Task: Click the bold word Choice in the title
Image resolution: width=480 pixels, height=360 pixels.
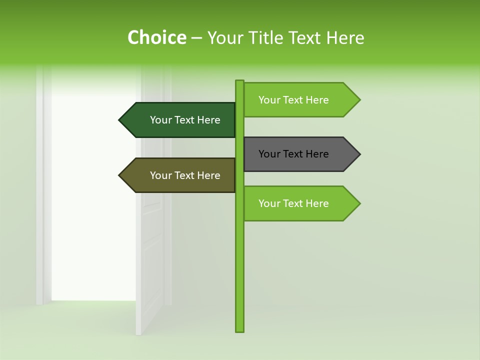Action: (x=156, y=37)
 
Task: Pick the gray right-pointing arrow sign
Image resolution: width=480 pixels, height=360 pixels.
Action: (x=300, y=154)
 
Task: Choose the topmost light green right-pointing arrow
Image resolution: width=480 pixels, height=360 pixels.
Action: (x=300, y=100)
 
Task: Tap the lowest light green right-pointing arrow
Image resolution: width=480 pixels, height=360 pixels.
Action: (x=300, y=203)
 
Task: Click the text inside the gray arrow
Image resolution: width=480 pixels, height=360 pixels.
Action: (x=293, y=154)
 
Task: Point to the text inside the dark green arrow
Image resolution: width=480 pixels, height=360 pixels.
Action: (x=185, y=120)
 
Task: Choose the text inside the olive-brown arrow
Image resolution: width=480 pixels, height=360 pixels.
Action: (x=185, y=175)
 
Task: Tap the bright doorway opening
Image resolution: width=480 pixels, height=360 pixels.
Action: (x=92, y=200)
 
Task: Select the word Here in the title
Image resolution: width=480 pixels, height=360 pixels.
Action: (x=345, y=37)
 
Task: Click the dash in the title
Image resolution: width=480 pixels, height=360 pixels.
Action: (x=196, y=38)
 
